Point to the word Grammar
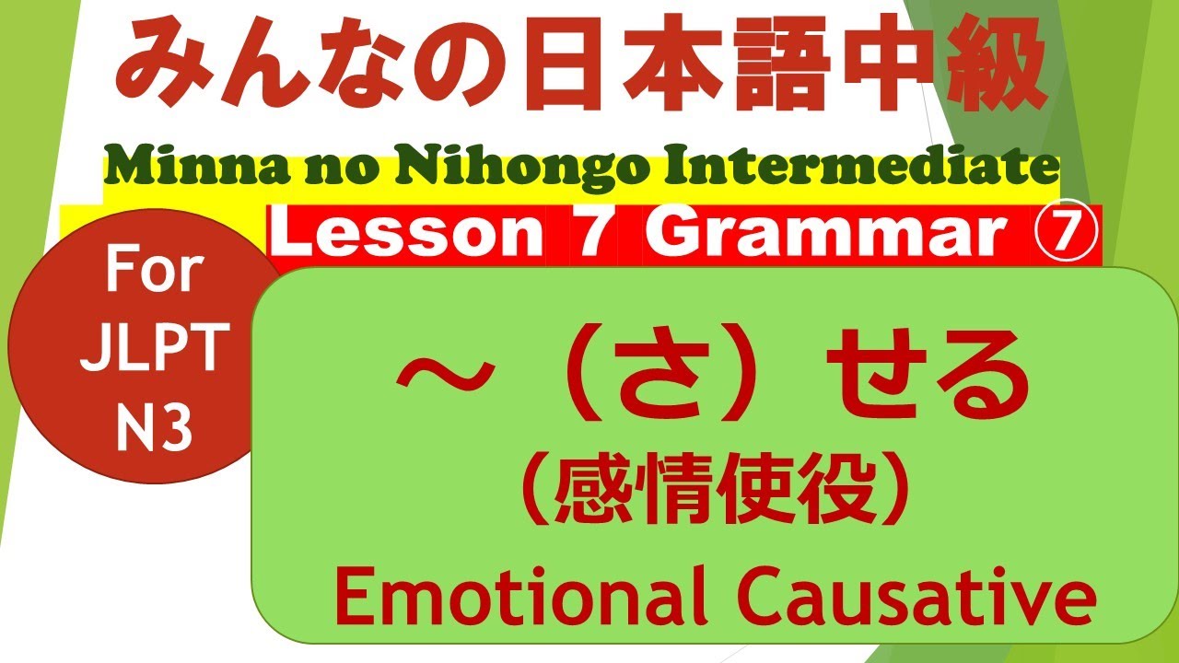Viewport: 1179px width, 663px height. pos(821,237)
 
